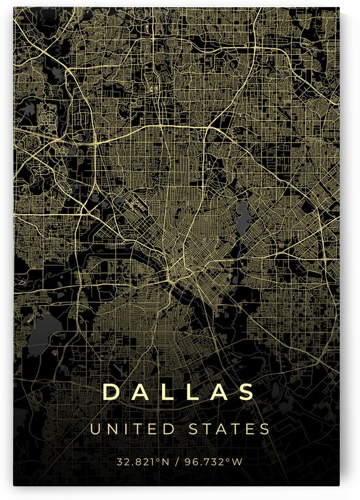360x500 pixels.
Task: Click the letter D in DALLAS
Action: click(x=112, y=392)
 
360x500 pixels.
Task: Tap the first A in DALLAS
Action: click(x=141, y=392)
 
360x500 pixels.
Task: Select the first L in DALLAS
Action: click(x=169, y=392)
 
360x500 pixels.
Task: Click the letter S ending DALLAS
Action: click(x=246, y=392)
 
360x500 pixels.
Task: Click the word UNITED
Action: click(x=133, y=429)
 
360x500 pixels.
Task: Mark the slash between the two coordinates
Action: click(x=180, y=462)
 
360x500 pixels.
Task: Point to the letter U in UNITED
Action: click(x=95, y=429)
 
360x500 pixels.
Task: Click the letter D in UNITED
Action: click(x=171, y=429)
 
